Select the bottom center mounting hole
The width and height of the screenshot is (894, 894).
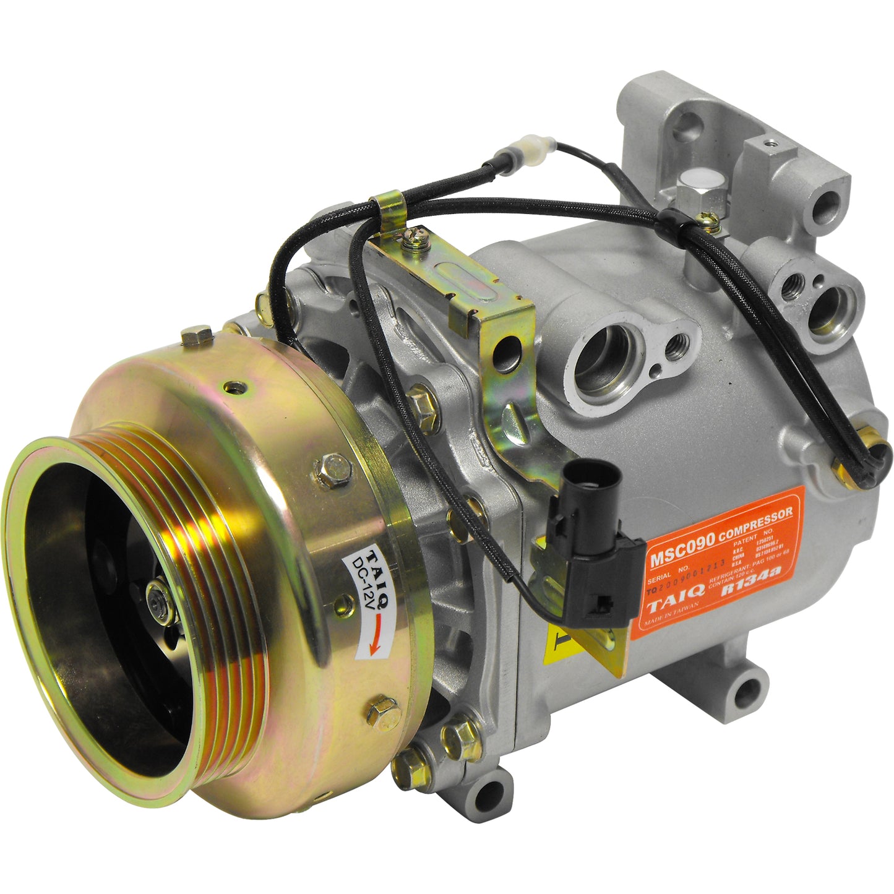[x=489, y=794]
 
